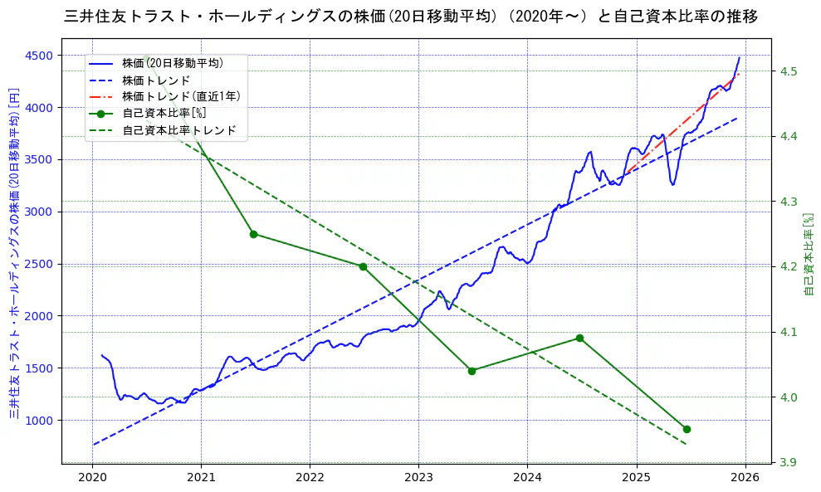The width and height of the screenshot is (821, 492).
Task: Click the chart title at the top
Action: pyautogui.click(x=410, y=17)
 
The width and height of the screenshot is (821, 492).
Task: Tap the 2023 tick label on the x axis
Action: pyautogui.click(x=418, y=478)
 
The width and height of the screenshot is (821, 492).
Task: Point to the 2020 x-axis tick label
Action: pyautogui.click(x=92, y=478)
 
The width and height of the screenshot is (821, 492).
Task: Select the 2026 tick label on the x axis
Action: pyautogui.click(x=745, y=478)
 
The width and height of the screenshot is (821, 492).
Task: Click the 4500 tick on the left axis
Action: pyautogui.click(x=40, y=56)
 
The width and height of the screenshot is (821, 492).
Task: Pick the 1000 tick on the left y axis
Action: pyautogui.click(x=40, y=420)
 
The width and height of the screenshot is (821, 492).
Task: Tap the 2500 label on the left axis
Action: pyautogui.click(x=40, y=264)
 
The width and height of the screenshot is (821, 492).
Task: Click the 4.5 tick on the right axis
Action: pyautogui.click(x=789, y=71)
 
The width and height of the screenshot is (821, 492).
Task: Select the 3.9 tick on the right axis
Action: pyautogui.click(x=789, y=462)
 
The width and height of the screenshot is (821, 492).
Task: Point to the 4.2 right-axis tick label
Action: pyautogui.click(x=789, y=266)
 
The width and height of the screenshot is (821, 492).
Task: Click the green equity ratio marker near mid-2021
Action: pyautogui.click(x=253, y=234)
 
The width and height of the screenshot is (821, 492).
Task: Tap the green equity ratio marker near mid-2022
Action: pyautogui.click(x=363, y=266)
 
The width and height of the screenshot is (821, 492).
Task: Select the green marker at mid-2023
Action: pyautogui.click(x=472, y=371)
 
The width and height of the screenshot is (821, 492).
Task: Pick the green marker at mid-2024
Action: pyautogui.click(x=579, y=339)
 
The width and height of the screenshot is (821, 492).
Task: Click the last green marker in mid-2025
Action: pyautogui.click(x=687, y=429)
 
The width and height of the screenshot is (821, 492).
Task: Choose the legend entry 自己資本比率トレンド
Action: pyautogui.click(x=178, y=130)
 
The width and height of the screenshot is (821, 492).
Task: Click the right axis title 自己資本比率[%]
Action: pyautogui.click(x=810, y=254)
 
